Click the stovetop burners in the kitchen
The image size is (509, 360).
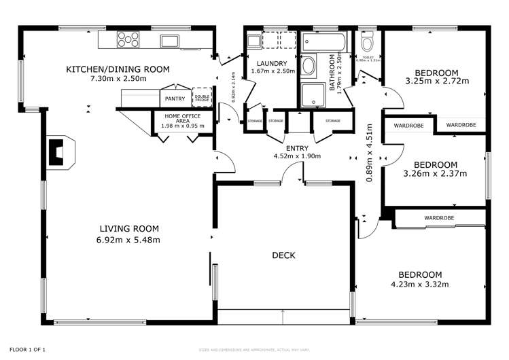[127, 41]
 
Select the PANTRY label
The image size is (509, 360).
[175, 99]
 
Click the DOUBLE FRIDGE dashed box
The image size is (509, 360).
[202, 98]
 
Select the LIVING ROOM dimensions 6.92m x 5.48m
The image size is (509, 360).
[129, 240]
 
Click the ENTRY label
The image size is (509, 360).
[297, 148]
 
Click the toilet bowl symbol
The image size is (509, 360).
[367, 43]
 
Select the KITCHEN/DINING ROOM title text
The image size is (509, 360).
[118, 69]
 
